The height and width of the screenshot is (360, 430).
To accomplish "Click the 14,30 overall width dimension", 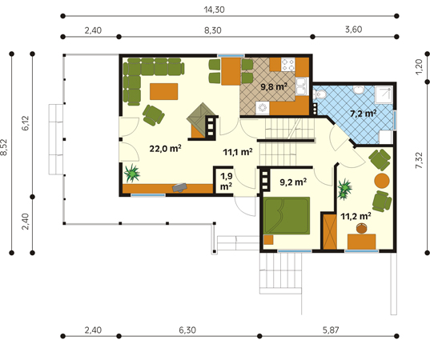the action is pos(214,10).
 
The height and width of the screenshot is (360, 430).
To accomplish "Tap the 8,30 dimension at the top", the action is pos(213,30).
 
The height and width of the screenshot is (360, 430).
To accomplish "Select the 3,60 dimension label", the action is pos(353,30).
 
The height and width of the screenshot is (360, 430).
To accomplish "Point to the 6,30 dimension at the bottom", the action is pos(187,330).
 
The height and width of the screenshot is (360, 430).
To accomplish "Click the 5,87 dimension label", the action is pos(331,330).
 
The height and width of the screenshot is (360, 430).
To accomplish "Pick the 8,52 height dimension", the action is pos(3,147).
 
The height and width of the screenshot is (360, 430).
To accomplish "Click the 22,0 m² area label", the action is pos(165,149).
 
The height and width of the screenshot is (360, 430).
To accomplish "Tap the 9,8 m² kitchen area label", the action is pos(274,87).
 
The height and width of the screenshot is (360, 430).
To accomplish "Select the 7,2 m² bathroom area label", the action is pos(363,113).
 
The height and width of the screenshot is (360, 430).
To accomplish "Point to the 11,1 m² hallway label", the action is pos(238,152).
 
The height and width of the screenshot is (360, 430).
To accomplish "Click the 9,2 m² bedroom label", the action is pos(293,182).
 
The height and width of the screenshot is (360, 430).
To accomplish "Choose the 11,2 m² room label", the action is pos(356,217).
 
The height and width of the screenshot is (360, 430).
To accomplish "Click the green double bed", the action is pos(287,216).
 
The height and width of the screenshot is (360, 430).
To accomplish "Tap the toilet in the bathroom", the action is pos(319,94).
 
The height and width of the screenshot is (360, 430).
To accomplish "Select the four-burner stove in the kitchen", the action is pos(288,64).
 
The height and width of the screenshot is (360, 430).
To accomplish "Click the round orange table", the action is pos(382,181).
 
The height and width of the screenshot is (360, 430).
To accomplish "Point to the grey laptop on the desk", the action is pos(179,187).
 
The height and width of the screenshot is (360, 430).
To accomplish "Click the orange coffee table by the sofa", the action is pos(163,91).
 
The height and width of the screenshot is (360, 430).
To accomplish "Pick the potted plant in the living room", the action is pos(132,173).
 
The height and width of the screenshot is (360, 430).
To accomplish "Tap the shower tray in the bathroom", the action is pos(384,94).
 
